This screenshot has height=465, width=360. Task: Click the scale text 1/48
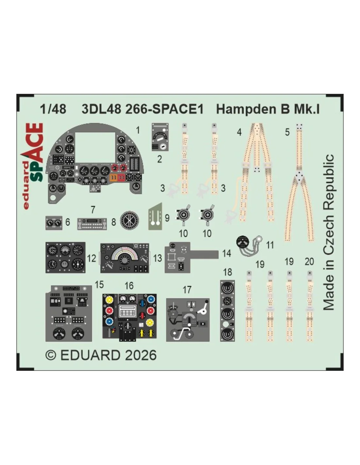pos(53,109)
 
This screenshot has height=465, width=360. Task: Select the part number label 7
pos(93,210)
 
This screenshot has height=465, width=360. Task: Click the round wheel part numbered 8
pos(129,220)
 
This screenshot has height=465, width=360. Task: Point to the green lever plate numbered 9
pos(155,216)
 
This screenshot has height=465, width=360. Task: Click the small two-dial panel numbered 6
pos(54,223)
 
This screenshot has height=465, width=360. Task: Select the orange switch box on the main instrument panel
pos(113,177)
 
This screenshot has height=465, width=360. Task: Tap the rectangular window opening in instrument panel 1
pos(95,147)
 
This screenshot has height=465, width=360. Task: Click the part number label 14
pos(226,253)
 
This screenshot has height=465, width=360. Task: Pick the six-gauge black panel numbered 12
pos(65,257)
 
